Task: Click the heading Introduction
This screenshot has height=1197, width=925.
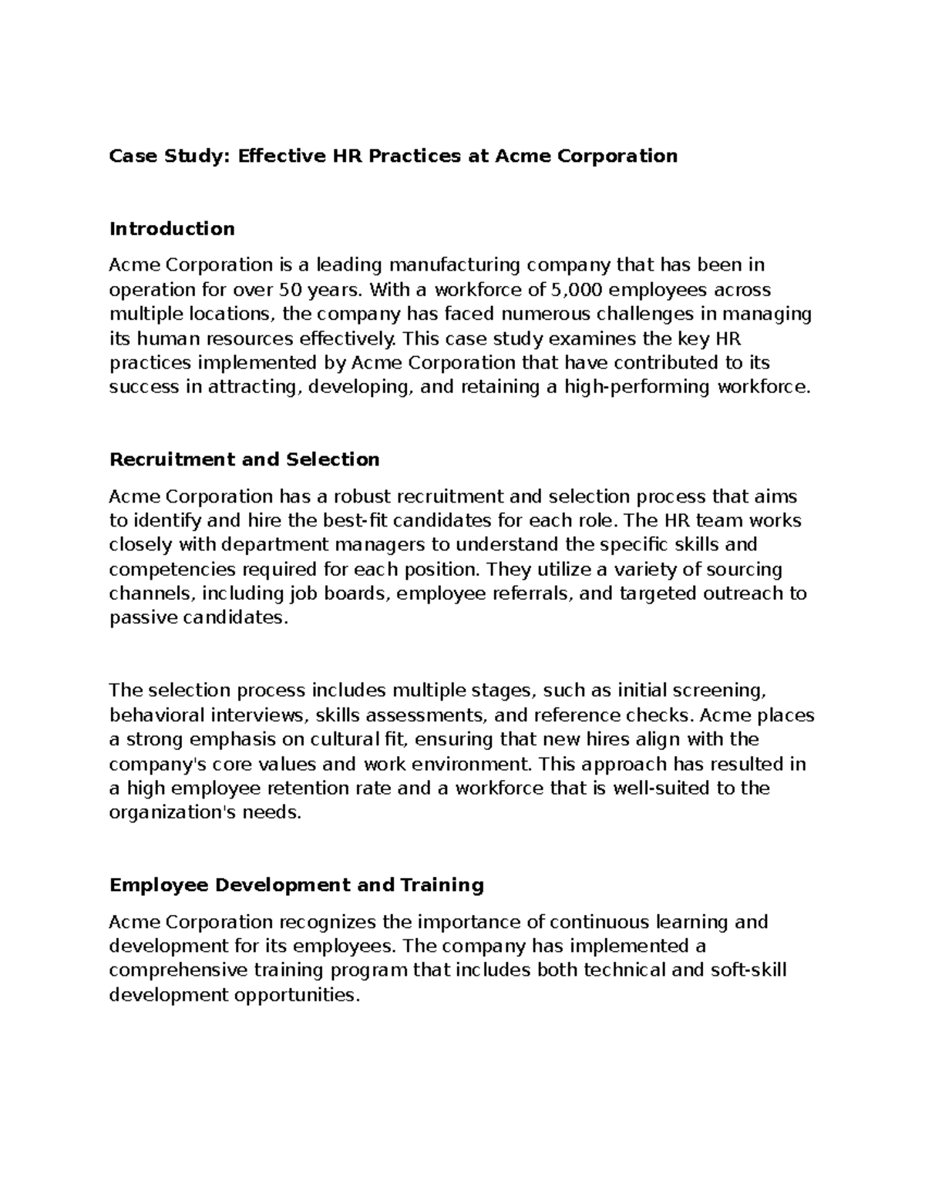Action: coord(172,229)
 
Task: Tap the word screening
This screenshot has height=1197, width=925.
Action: coord(719,691)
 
